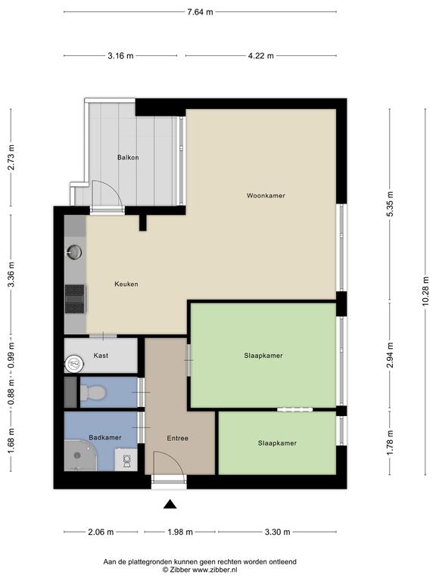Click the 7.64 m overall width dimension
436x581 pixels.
click(200, 12)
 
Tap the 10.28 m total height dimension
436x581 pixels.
click(425, 291)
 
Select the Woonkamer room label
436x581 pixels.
click(266, 195)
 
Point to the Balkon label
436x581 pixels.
click(128, 157)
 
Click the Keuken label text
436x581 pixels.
click(126, 284)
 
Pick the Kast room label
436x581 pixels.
click(101, 356)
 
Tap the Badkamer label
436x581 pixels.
click(105, 437)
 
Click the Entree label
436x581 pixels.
click(177, 438)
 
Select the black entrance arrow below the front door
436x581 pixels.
click(170, 504)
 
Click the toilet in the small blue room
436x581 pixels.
click(92, 393)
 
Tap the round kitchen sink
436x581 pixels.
click(74, 253)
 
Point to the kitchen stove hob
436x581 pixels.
click(75, 299)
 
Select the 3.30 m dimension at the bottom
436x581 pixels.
click(277, 532)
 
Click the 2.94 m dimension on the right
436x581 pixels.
click(390, 355)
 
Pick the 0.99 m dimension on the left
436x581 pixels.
click(11, 356)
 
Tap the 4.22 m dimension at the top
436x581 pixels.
click(260, 55)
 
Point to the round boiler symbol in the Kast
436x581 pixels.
click(73, 363)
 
